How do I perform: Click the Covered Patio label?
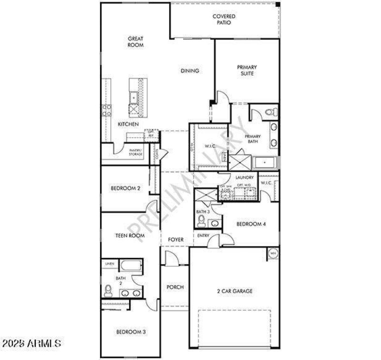(224, 20)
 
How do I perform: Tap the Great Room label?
(136, 42)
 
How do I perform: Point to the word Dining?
(190, 71)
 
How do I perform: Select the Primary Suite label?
(247, 71)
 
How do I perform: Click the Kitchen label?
(128, 124)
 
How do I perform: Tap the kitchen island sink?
(134, 97)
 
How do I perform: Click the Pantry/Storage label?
(136, 152)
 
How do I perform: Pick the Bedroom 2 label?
(125, 188)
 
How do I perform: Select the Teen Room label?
(130, 236)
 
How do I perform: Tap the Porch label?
(175, 288)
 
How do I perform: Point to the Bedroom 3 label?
(130, 332)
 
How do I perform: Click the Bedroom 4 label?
(251, 224)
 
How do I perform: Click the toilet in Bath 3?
(201, 221)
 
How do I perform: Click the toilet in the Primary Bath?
(271, 113)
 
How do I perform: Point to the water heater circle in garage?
(273, 254)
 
